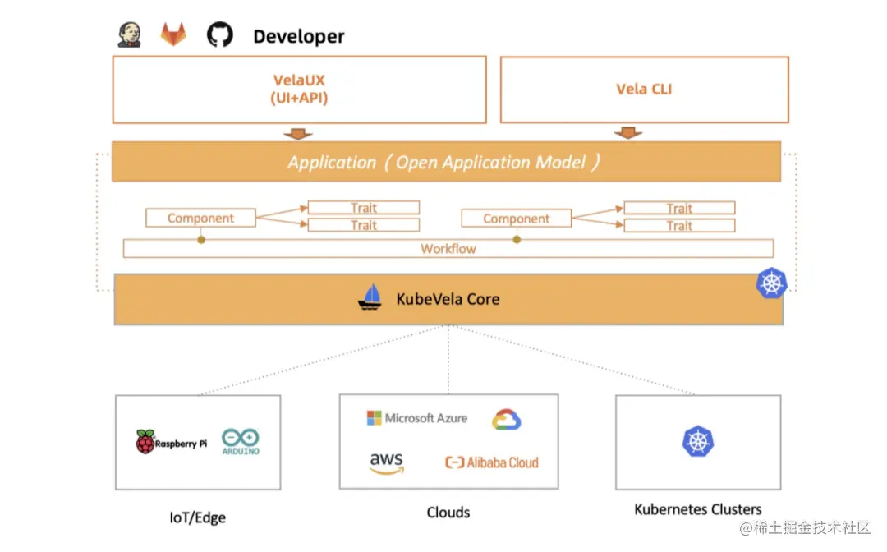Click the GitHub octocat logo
click(219, 34)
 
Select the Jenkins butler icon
click(130, 35)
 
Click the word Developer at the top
click(299, 36)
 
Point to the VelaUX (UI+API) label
click(299, 89)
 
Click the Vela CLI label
click(644, 89)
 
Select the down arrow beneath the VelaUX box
click(297, 133)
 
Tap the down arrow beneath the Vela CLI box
click(628, 133)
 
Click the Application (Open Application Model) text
click(443, 163)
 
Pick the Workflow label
click(448, 249)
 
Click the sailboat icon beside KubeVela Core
click(370, 297)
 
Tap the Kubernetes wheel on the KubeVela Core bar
click(771, 283)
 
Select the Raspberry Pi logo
click(171, 442)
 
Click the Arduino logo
click(241, 442)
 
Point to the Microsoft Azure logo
click(417, 418)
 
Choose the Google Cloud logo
click(506, 420)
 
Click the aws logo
click(387, 462)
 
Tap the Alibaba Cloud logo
click(492, 462)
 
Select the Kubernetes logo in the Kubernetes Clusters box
click(698, 441)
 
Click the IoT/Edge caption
click(197, 517)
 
